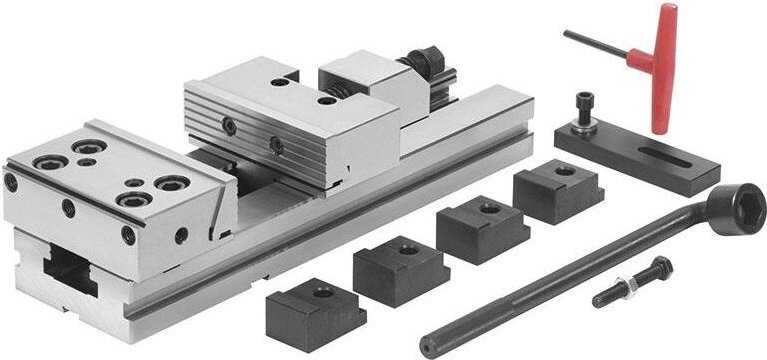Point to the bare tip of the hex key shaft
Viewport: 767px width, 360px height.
[568, 33]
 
